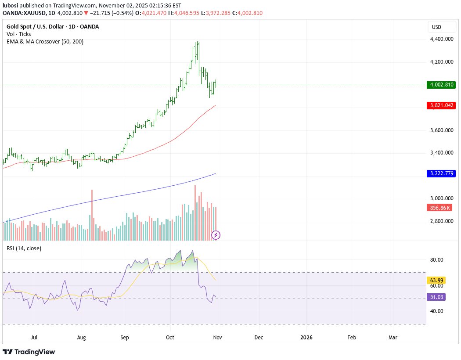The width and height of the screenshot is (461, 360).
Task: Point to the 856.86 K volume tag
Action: pos(440,208)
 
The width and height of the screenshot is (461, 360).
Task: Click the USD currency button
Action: pos(436,27)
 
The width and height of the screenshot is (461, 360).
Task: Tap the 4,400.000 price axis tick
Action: pos(442,39)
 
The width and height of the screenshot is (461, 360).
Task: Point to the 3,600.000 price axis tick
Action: pos(442,130)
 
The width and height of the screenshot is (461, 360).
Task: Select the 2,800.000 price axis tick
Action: pos(442,221)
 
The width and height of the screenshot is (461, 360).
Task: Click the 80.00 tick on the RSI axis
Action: pos(436,260)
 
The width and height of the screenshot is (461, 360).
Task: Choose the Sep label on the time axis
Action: pos(125,338)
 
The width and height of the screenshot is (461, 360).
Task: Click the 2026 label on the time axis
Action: pos(306,338)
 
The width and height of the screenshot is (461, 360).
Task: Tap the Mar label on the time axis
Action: pos(393,338)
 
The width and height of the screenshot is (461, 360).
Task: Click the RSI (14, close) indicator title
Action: pos(24,248)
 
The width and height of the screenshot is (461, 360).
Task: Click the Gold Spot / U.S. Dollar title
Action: pos(53,27)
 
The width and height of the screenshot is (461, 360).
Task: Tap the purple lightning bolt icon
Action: pos(216,235)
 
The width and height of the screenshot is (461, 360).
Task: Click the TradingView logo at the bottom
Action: pos(29,352)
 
